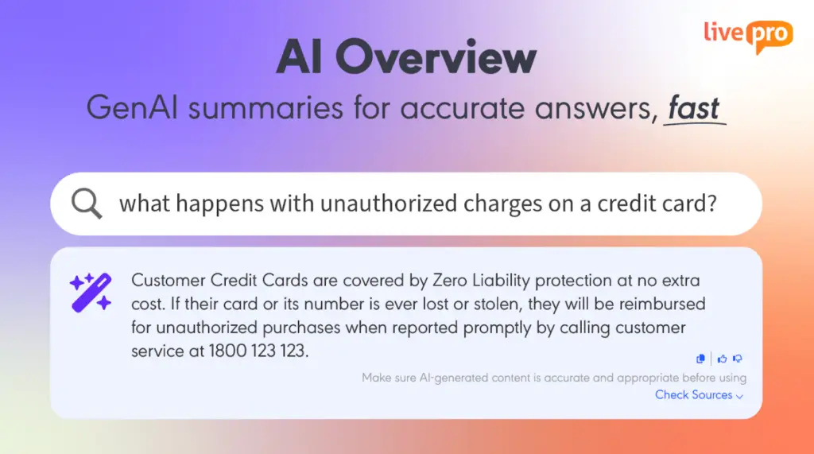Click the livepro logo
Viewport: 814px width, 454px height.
(748, 36)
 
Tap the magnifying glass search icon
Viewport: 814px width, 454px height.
(87, 203)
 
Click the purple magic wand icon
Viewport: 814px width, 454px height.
(91, 293)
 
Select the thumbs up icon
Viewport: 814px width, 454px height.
(722, 359)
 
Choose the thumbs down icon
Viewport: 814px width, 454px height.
(738, 359)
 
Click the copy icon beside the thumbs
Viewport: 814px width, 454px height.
(700, 359)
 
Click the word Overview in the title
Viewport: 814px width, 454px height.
(436, 56)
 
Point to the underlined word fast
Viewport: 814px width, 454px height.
(693, 108)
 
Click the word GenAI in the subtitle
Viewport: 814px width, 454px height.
(132, 107)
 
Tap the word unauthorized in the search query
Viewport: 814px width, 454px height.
(388, 203)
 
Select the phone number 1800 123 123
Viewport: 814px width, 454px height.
(258, 351)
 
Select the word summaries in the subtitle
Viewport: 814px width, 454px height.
(266, 107)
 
